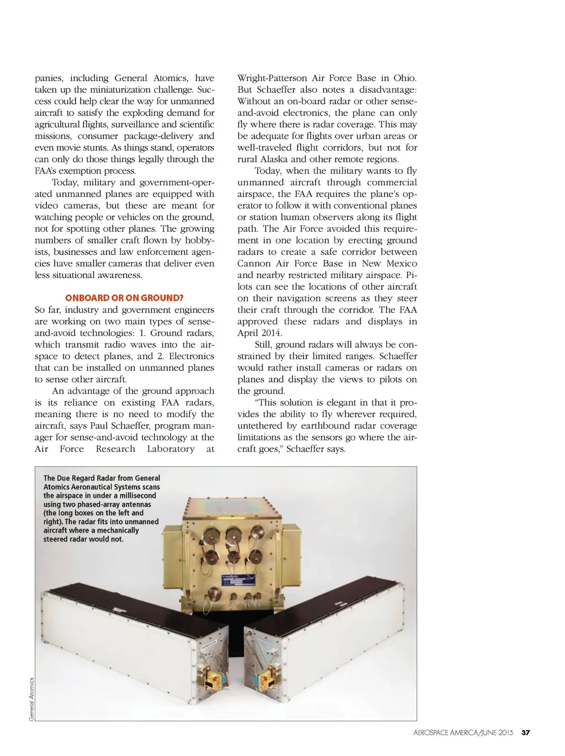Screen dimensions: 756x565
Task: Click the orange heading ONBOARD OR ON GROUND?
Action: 124,298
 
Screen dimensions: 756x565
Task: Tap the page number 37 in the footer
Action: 525,733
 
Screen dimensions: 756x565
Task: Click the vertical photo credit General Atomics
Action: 31,699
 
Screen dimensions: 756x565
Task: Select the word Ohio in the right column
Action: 405,78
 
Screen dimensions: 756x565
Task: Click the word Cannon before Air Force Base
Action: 254,264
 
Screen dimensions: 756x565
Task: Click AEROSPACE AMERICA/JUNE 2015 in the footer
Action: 463,733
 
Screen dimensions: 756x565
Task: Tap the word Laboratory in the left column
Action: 170,449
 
